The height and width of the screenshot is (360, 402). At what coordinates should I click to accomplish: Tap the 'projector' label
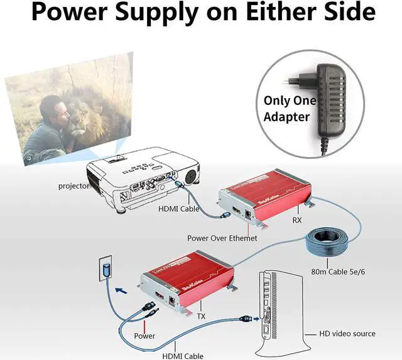(73, 186)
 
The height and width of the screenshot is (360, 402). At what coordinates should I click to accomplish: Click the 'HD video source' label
(347, 333)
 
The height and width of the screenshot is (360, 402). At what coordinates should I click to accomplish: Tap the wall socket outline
(104, 270)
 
